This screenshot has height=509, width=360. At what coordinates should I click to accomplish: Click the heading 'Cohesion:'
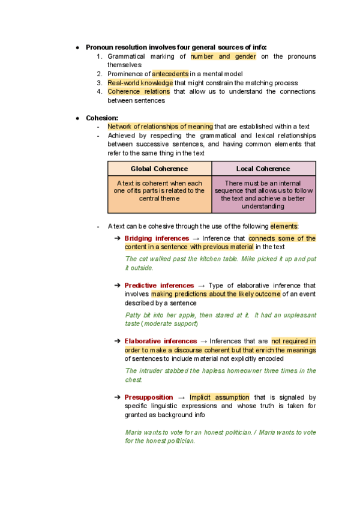point(102,118)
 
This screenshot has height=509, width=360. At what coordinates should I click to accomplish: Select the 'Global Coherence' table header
point(159,169)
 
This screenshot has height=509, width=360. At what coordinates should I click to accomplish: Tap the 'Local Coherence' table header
point(263,169)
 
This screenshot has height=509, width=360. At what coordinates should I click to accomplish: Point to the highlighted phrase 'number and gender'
point(223,56)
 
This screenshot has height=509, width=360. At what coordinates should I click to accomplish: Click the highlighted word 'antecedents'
point(169,74)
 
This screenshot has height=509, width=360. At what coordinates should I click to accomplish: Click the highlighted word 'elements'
point(283,226)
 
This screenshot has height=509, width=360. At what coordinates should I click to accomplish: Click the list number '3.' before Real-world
point(100,83)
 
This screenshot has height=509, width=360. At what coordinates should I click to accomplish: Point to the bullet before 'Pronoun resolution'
point(77,47)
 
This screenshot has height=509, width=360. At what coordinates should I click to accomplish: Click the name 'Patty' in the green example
point(132,315)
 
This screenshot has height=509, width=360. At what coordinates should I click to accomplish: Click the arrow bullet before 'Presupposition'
point(117,397)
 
